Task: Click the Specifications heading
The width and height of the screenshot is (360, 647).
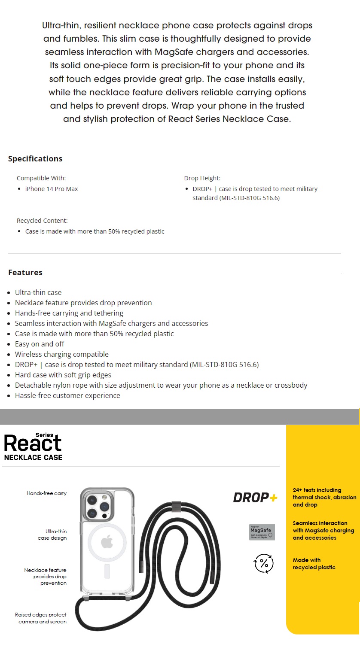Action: pyautogui.click(x=35, y=159)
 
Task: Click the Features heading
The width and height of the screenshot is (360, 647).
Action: pyautogui.click(x=25, y=273)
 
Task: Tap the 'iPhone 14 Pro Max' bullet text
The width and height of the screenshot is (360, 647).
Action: pyautogui.click(x=52, y=189)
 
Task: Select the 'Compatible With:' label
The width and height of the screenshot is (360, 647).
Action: pyautogui.click(x=41, y=178)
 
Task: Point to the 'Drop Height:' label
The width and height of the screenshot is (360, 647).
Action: pyautogui.click(x=202, y=178)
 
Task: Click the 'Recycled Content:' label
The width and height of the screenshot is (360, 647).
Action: pyautogui.click(x=42, y=221)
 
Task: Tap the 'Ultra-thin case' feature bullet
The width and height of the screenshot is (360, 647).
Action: pyautogui.click(x=38, y=292)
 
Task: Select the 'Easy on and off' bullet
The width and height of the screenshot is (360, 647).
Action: pyautogui.click(x=40, y=344)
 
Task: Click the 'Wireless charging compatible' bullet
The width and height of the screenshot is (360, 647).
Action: pyautogui.click(x=62, y=354)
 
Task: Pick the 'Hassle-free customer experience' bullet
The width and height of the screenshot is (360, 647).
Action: pyautogui.click(x=67, y=395)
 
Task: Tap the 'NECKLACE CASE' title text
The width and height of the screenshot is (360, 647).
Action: pyautogui.click(x=34, y=458)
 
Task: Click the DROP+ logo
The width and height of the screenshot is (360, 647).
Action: pyautogui.click(x=255, y=498)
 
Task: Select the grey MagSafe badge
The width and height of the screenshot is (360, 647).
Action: pyautogui.click(x=262, y=532)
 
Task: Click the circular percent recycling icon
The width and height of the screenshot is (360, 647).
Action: pyautogui.click(x=264, y=563)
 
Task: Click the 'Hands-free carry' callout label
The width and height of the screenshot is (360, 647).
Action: pyautogui.click(x=47, y=493)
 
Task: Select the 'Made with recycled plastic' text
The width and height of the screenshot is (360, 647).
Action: pyautogui.click(x=314, y=564)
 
